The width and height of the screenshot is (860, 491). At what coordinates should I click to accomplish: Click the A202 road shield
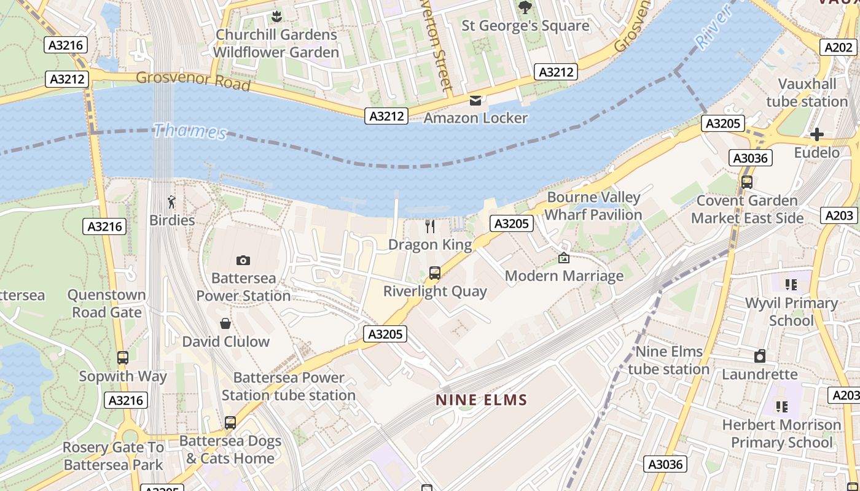click(838, 47)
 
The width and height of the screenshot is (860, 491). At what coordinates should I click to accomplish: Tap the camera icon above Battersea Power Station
click(243, 260)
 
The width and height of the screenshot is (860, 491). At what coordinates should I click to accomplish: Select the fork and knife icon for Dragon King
click(430, 226)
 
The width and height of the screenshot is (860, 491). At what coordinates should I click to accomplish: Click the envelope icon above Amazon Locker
click(475, 100)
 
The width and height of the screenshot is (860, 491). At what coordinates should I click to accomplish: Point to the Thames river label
click(190, 131)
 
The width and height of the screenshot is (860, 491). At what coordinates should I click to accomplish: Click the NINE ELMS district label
click(482, 400)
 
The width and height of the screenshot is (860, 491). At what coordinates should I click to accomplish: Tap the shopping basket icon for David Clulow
click(225, 323)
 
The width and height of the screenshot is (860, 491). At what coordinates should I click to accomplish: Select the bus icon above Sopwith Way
click(123, 358)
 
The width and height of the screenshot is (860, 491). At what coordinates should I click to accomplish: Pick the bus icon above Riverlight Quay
click(435, 273)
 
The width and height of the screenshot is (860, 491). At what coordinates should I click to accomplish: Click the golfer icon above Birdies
click(172, 202)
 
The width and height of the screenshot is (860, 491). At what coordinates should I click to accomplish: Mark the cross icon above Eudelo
click(816, 134)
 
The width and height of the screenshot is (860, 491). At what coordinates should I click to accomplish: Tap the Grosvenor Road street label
click(193, 80)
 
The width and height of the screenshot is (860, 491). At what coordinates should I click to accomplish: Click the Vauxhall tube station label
click(807, 93)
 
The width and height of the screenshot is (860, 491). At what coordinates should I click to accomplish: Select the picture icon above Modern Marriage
click(564, 258)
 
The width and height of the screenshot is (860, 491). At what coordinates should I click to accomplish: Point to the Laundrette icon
click(760, 356)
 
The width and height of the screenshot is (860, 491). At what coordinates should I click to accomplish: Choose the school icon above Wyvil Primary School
click(791, 285)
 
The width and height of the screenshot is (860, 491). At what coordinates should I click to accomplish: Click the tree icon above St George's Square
click(525, 7)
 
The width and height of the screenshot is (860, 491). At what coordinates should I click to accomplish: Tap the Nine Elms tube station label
click(668, 360)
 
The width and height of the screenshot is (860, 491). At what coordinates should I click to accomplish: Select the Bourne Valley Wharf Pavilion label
click(593, 206)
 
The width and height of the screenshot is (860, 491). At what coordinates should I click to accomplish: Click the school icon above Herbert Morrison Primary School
click(781, 406)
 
